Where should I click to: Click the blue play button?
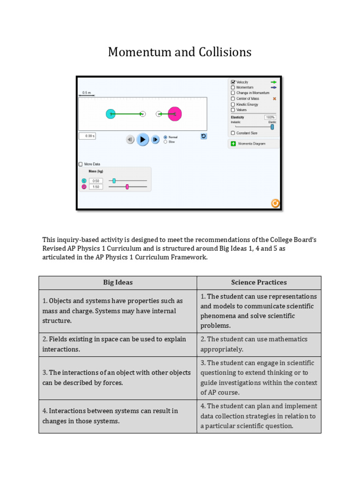(x=143, y=139)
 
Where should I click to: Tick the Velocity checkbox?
(x=233, y=82)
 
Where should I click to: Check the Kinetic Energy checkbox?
(x=233, y=104)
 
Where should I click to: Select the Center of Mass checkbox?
(x=233, y=98)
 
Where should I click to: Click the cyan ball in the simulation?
(x=111, y=114)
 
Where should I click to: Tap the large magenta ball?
(x=175, y=114)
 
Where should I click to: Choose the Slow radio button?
(x=165, y=142)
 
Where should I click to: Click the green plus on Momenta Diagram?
(x=233, y=143)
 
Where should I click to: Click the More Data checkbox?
(x=81, y=164)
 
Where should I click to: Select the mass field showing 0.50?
(x=96, y=180)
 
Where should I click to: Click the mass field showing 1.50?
(x=96, y=187)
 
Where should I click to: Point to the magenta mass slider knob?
(x=127, y=187)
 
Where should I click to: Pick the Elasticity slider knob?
(x=272, y=127)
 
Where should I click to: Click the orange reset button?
(x=275, y=203)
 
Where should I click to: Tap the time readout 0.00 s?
(x=87, y=136)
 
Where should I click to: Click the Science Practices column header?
(x=259, y=282)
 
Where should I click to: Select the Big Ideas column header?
(x=118, y=282)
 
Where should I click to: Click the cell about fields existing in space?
(x=118, y=344)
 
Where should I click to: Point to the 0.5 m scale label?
(x=86, y=93)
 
